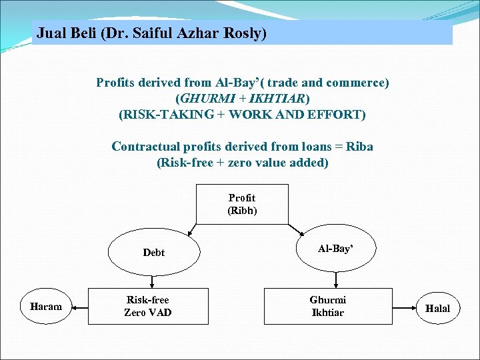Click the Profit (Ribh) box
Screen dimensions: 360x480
click(x=241, y=204)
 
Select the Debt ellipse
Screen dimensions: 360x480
click(x=153, y=253)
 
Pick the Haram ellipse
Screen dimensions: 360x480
click(x=46, y=307)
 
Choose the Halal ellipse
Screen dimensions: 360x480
click(x=437, y=308)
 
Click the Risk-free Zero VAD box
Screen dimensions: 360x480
click(x=148, y=306)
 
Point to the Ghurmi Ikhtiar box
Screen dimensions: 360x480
click(x=328, y=306)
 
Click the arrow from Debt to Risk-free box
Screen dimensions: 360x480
click(x=153, y=280)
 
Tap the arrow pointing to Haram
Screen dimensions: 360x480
click(x=79, y=307)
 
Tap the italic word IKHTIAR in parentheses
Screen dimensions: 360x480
click(x=276, y=99)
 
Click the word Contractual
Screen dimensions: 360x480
click(x=145, y=147)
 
